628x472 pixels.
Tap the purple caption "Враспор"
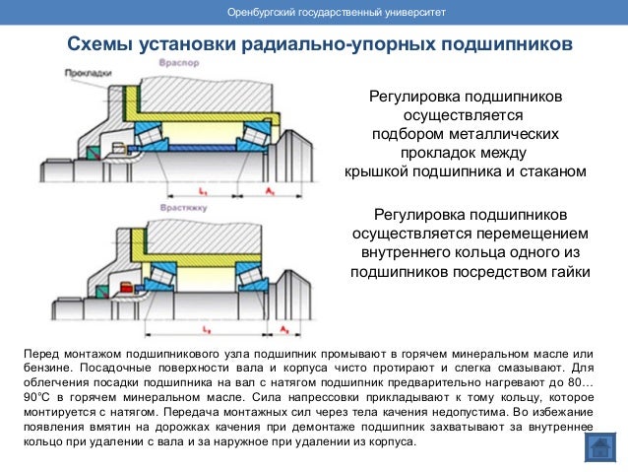pos(176,62)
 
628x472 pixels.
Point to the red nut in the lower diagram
pos(126,287)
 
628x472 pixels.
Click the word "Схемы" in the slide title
pos(102,45)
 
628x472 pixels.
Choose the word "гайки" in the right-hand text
pos(564,272)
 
